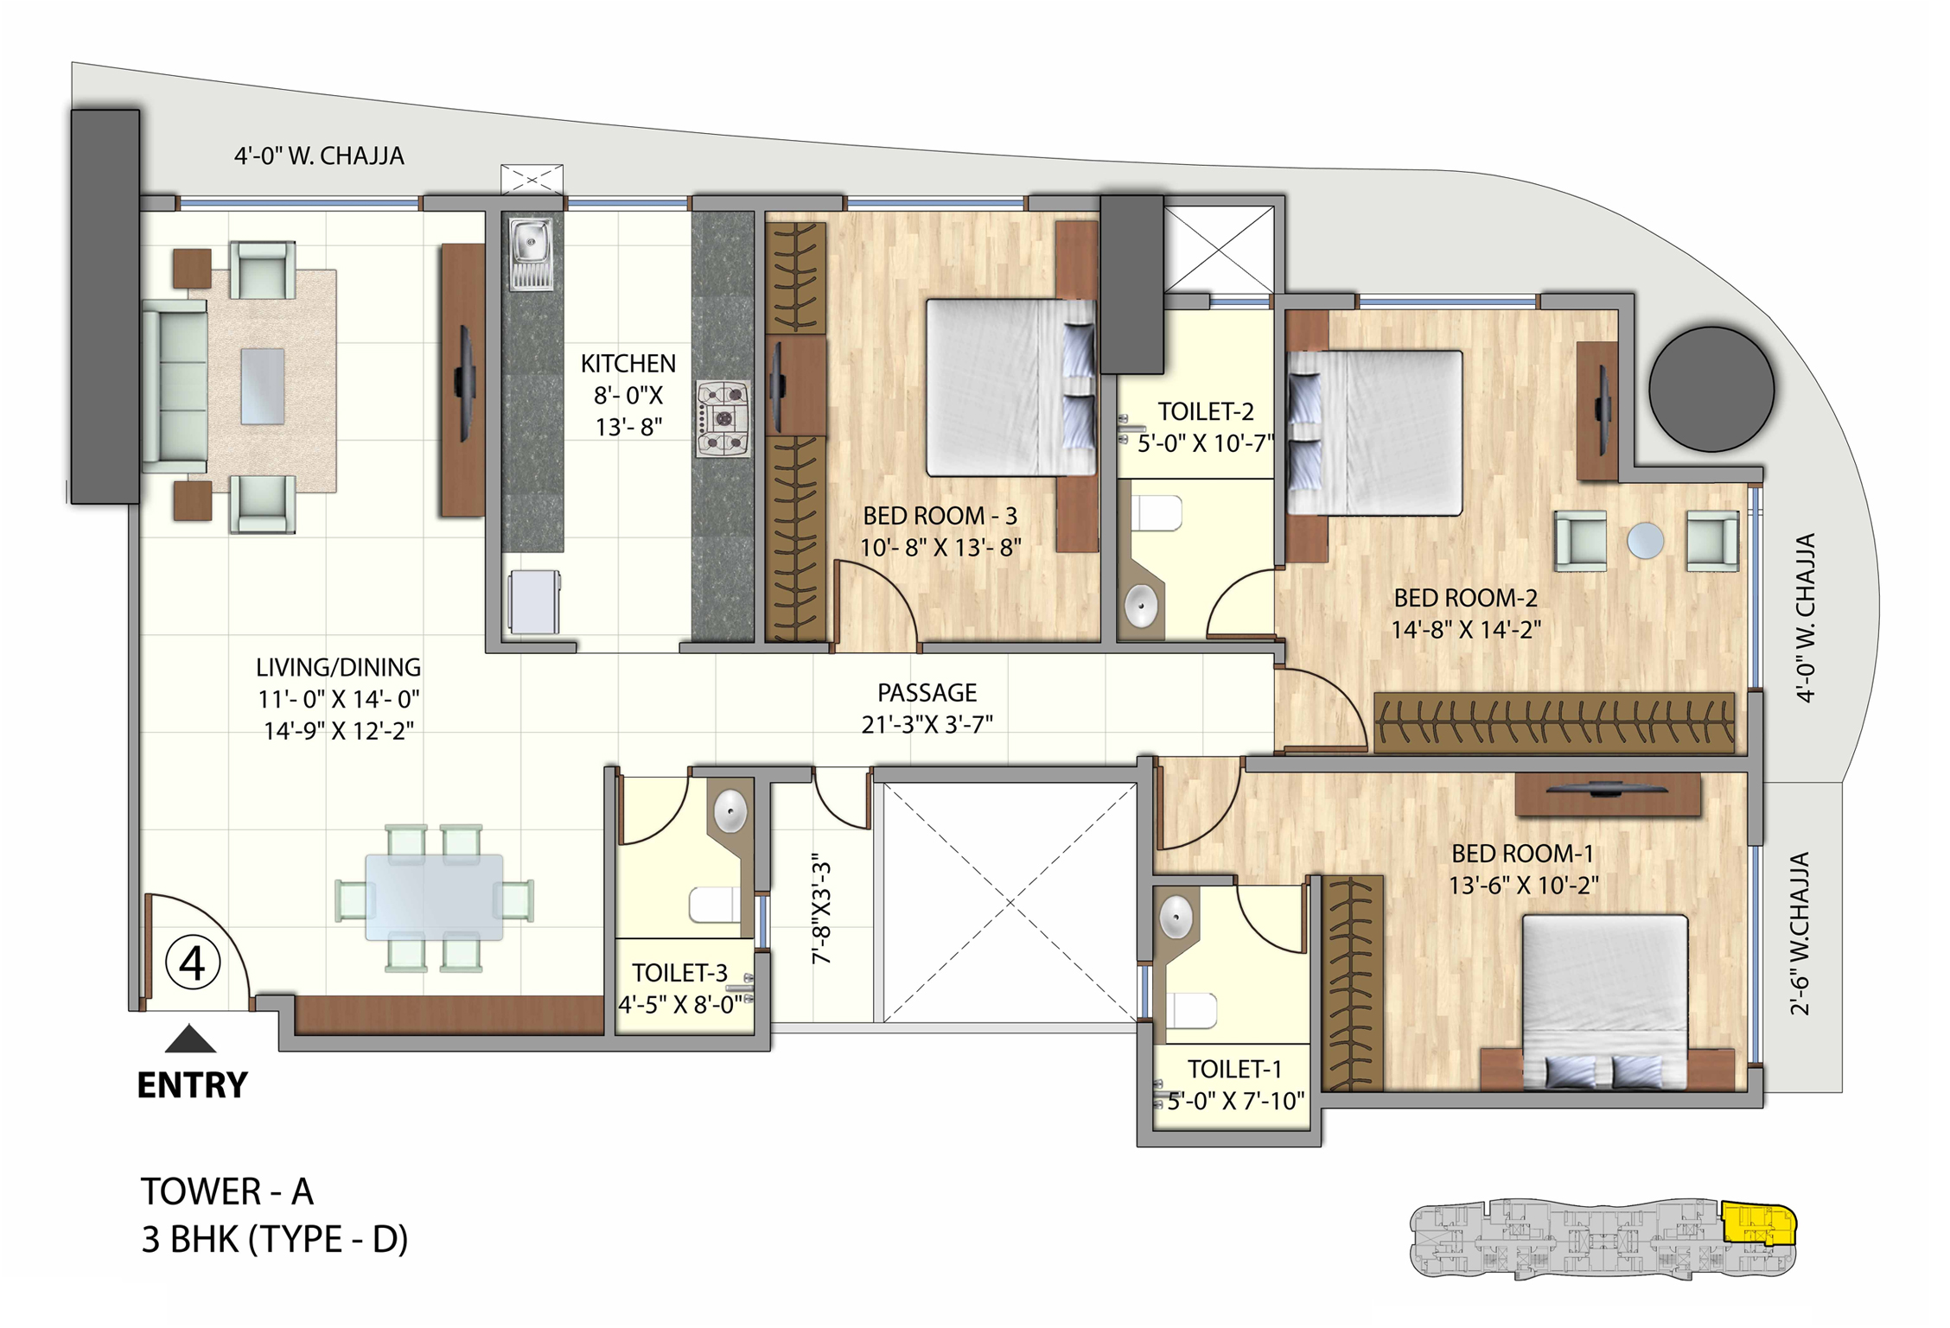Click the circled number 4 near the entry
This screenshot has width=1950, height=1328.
tap(192, 963)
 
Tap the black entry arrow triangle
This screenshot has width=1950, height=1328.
tap(190, 1039)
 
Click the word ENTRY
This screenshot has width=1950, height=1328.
tap(192, 1085)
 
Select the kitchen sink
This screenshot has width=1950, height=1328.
tap(531, 244)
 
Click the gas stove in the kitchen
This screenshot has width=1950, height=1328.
tap(723, 419)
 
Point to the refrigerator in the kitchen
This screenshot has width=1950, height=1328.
tap(533, 601)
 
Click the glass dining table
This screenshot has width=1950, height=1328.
tap(434, 898)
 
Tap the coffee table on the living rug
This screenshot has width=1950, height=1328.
tap(263, 386)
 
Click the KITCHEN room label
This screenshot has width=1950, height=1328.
tap(628, 364)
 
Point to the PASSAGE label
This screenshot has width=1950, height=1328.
tap(927, 693)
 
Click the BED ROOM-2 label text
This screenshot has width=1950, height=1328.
tap(1465, 598)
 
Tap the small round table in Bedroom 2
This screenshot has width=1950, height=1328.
tap(1645, 541)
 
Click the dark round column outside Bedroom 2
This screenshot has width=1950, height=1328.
tap(1711, 389)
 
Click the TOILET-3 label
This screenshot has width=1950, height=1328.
tap(679, 973)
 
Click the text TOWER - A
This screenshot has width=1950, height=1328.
tap(227, 1192)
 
